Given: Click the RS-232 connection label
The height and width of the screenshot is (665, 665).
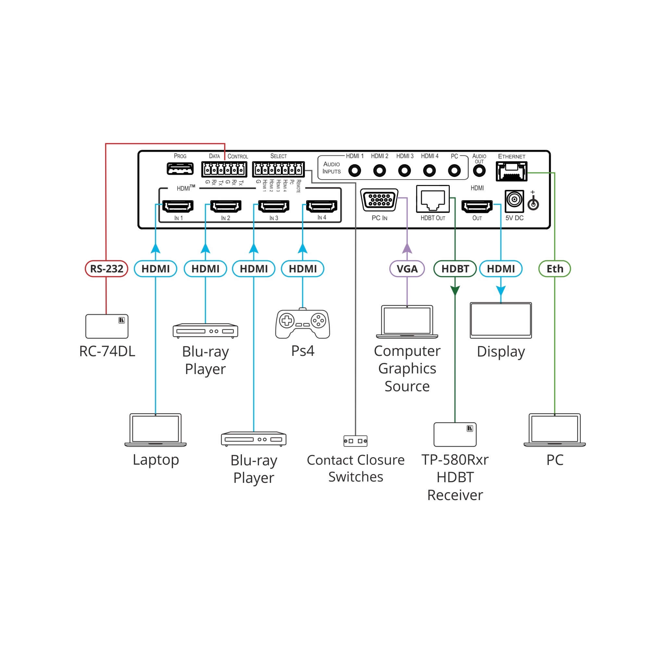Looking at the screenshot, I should [x=107, y=269].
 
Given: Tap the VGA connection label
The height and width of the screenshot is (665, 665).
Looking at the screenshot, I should [x=407, y=269].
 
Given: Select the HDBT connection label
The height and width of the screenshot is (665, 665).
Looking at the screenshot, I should [x=455, y=269].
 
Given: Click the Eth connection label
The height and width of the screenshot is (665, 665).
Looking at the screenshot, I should [x=555, y=269].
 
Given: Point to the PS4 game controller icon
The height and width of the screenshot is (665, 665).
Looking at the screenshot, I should [x=303, y=323].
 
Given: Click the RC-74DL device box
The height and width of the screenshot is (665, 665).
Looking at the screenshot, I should [x=107, y=326].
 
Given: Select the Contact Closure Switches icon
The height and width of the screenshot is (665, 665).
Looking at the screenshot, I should [x=355, y=441].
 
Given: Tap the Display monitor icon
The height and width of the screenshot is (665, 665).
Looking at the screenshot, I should [x=501, y=320].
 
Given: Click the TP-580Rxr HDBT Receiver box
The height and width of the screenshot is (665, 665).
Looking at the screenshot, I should [x=455, y=434].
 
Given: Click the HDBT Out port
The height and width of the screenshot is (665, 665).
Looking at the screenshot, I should [x=433, y=199].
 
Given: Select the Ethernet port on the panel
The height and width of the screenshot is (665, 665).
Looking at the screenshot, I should [x=511, y=171].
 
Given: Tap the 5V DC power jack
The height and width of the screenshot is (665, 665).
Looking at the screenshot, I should [x=514, y=201].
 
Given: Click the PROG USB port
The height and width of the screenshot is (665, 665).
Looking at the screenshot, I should [x=180, y=169].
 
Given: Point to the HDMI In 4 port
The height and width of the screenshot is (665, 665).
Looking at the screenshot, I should [x=321, y=206].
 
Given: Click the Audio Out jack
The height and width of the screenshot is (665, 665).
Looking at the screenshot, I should [x=479, y=170].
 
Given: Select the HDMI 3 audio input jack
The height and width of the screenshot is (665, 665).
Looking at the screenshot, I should [x=405, y=170].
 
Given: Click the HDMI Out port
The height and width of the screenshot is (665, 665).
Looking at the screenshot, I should [x=477, y=207].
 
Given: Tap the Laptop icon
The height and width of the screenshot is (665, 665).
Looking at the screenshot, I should [x=155, y=430].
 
